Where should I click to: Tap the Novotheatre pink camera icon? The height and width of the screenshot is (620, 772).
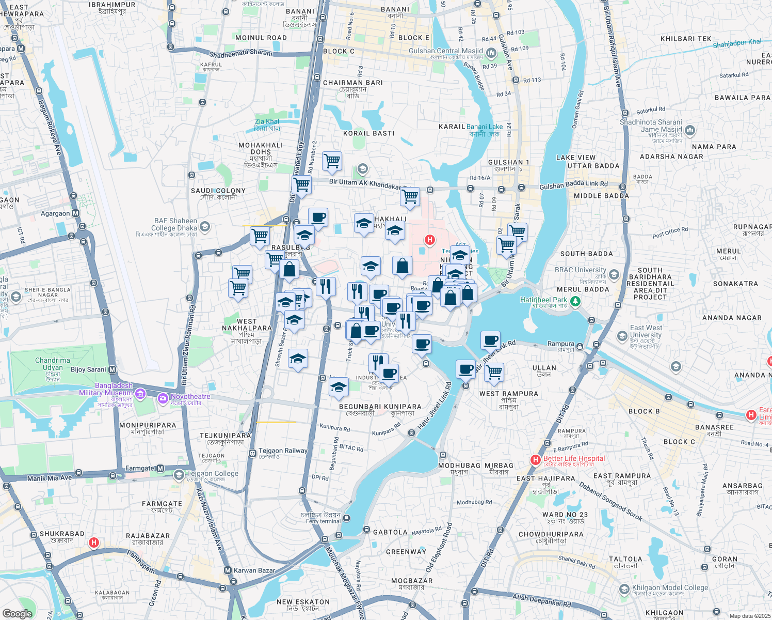coord(163,397)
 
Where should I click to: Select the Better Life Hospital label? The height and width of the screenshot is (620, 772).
coord(574,458)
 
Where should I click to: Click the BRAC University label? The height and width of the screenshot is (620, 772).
coord(581,270)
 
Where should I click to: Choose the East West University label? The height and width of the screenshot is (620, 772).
coord(646,331)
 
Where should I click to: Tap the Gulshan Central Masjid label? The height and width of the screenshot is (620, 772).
coord(446,51)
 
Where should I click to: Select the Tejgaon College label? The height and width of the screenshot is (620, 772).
coord(213,474)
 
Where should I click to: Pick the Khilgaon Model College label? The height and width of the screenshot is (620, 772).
coord(670,588)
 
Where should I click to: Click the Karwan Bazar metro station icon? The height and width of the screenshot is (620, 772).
coord(228,570)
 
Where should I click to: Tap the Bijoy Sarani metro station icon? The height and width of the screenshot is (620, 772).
coord(112,370)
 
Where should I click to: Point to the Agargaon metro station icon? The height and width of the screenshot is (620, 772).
coord(76,213)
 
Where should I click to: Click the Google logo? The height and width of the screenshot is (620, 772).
coord(18,614)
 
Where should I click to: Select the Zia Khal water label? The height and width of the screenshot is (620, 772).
coord(267,122)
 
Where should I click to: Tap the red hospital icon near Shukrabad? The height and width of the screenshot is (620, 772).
coord(93,542)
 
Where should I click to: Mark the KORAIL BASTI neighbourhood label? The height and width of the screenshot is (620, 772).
coord(368,133)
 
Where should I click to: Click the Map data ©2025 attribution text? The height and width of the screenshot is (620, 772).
coord(749,616)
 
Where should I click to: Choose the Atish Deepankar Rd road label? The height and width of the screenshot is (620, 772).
coord(541,601)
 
